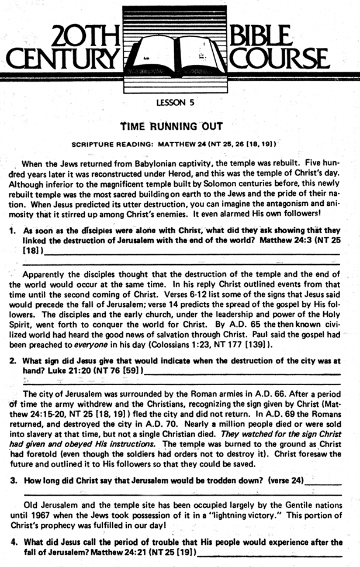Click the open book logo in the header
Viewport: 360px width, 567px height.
tap(179, 50)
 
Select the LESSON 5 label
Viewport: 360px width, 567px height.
tap(179, 103)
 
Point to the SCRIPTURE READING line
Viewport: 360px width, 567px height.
tap(173, 143)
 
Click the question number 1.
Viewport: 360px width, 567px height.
tap(12, 231)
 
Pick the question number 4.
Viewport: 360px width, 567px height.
tap(12, 542)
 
